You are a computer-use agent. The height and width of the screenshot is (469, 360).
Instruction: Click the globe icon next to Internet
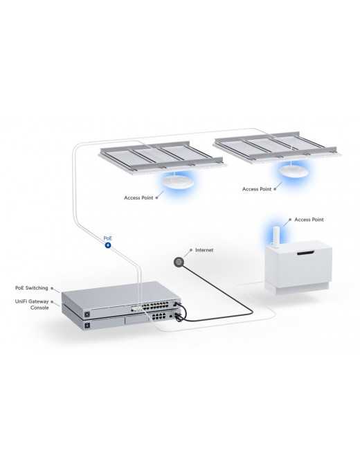click(179, 262)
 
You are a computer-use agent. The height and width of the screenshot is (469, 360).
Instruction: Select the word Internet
click(205, 249)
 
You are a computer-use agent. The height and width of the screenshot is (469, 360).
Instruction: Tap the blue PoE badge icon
click(107, 245)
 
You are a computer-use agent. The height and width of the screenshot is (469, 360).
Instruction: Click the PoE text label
click(107, 237)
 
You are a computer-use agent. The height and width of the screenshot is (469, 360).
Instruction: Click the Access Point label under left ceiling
click(139, 197)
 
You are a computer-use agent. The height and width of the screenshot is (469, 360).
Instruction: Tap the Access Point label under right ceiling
click(257, 188)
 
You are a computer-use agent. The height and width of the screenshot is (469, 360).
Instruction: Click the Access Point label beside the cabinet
click(309, 220)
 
